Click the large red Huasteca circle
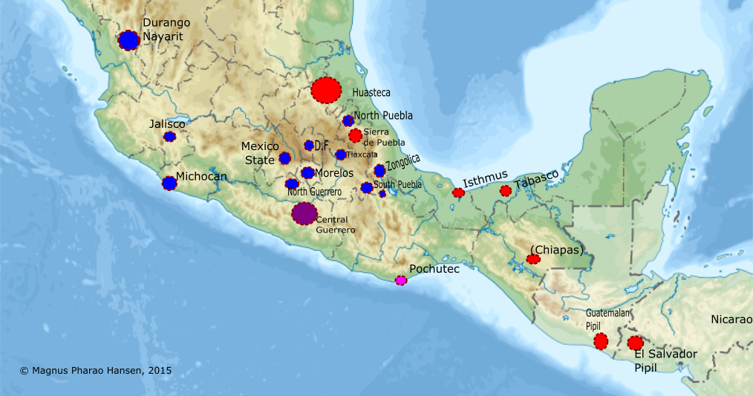tap(325, 90)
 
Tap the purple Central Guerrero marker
tap(304, 213)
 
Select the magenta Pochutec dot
tap(401, 280)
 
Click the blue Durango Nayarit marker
tap(129, 40)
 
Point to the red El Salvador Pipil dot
tap(635, 343)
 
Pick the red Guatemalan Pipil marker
tap(601, 341)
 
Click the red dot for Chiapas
tap(533, 259)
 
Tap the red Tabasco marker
tap(506, 191)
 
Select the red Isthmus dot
tap(458, 193)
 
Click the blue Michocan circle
tap(169, 183)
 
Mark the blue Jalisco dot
tap(170, 137)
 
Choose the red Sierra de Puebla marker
tap(355, 135)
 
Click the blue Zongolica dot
tap(379, 171)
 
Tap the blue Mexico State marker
tap(284, 158)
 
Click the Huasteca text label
tap(371, 93)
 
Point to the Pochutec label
tap(435, 269)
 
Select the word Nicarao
tap(731, 319)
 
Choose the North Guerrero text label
tap(314, 192)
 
